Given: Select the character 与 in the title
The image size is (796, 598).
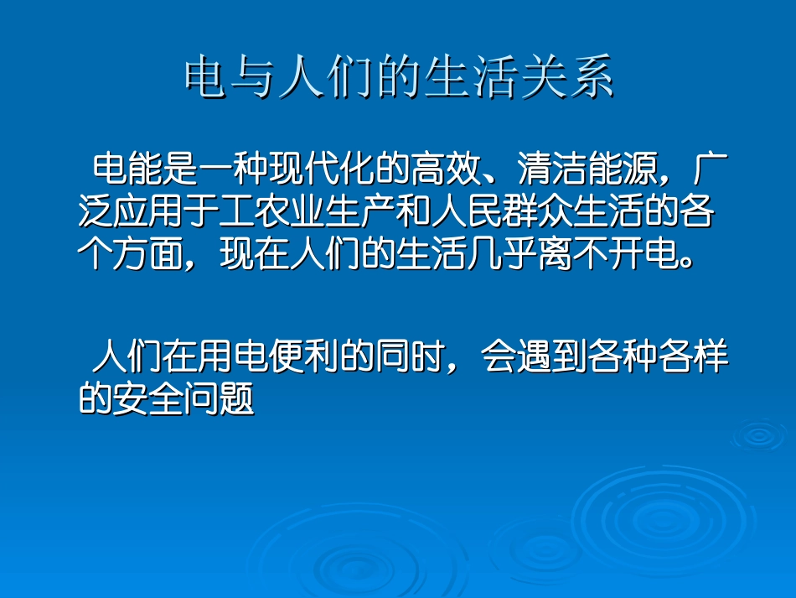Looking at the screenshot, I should [253, 78].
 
